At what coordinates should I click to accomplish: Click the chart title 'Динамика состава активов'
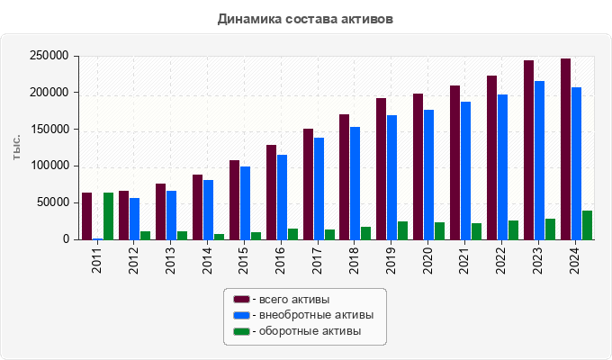tap(305, 18)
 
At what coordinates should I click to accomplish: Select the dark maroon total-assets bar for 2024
tap(565, 149)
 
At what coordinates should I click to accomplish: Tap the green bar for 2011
tap(108, 216)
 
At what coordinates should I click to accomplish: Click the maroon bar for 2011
tap(86, 216)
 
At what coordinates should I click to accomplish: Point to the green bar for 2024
tap(587, 225)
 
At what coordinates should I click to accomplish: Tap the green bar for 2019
tap(402, 230)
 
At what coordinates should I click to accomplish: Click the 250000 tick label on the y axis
tap(49, 56)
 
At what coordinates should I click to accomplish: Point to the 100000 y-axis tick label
tap(49, 166)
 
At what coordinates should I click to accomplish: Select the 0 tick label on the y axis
tap(66, 239)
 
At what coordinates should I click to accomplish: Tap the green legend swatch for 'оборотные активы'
tap(241, 331)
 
